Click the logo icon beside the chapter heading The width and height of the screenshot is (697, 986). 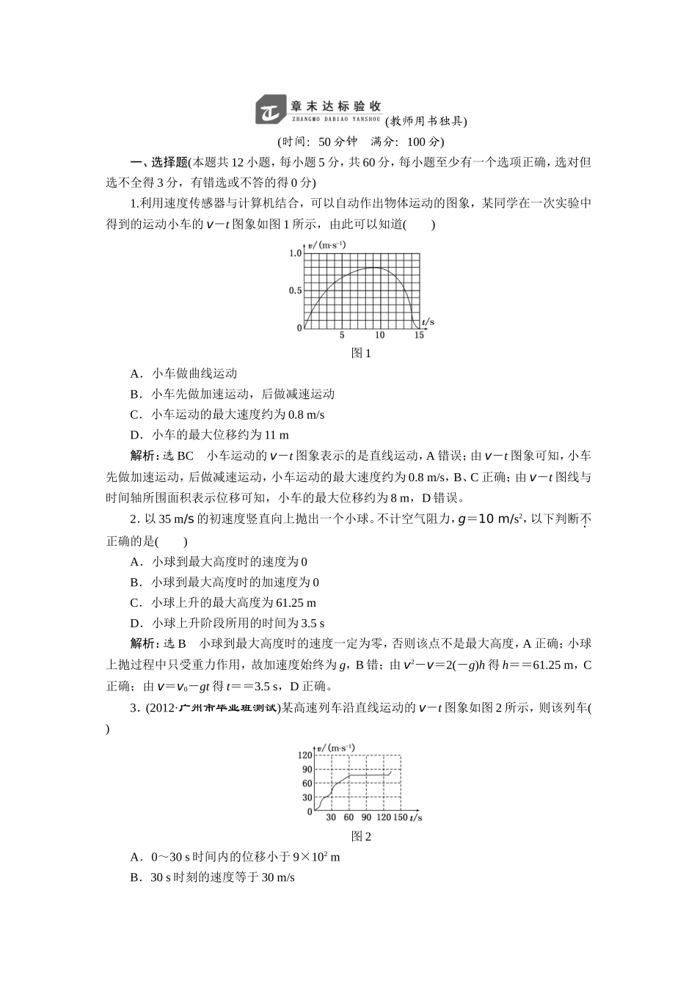(x=269, y=109)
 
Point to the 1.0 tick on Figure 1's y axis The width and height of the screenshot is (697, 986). (x=295, y=253)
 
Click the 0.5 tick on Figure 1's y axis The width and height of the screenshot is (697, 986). (x=295, y=291)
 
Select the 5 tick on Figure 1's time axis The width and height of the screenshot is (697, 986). (x=342, y=335)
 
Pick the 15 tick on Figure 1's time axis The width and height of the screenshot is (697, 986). (x=419, y=335)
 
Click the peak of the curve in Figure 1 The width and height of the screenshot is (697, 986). (x=374, y=268)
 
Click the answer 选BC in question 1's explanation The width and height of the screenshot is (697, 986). (x=178, y=456)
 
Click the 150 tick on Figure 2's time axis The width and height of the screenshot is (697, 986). (x=400, y=817)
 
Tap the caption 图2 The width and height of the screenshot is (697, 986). (x=362, y=836)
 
